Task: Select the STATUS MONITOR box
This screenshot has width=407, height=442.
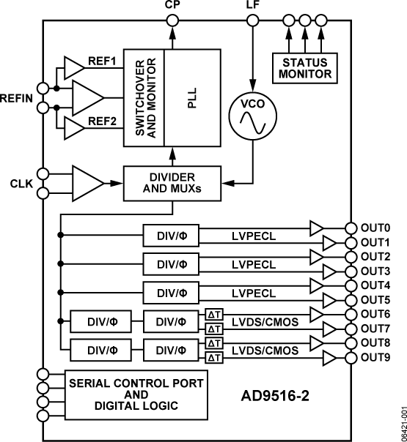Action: point(303,67)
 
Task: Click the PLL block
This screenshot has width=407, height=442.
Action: point(192,97)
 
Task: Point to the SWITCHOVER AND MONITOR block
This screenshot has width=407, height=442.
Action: point(144,97)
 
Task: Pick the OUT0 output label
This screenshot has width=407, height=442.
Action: point(375,228)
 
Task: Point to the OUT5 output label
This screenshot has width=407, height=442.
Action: point(375,299)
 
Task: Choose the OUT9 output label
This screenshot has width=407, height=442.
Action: point(375,356)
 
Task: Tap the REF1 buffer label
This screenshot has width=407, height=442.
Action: point(103,61)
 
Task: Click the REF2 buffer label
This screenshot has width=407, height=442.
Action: point(103,121)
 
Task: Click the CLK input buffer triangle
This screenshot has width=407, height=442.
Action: point(86,183)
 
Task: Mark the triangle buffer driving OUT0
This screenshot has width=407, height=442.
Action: point(317,228)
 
